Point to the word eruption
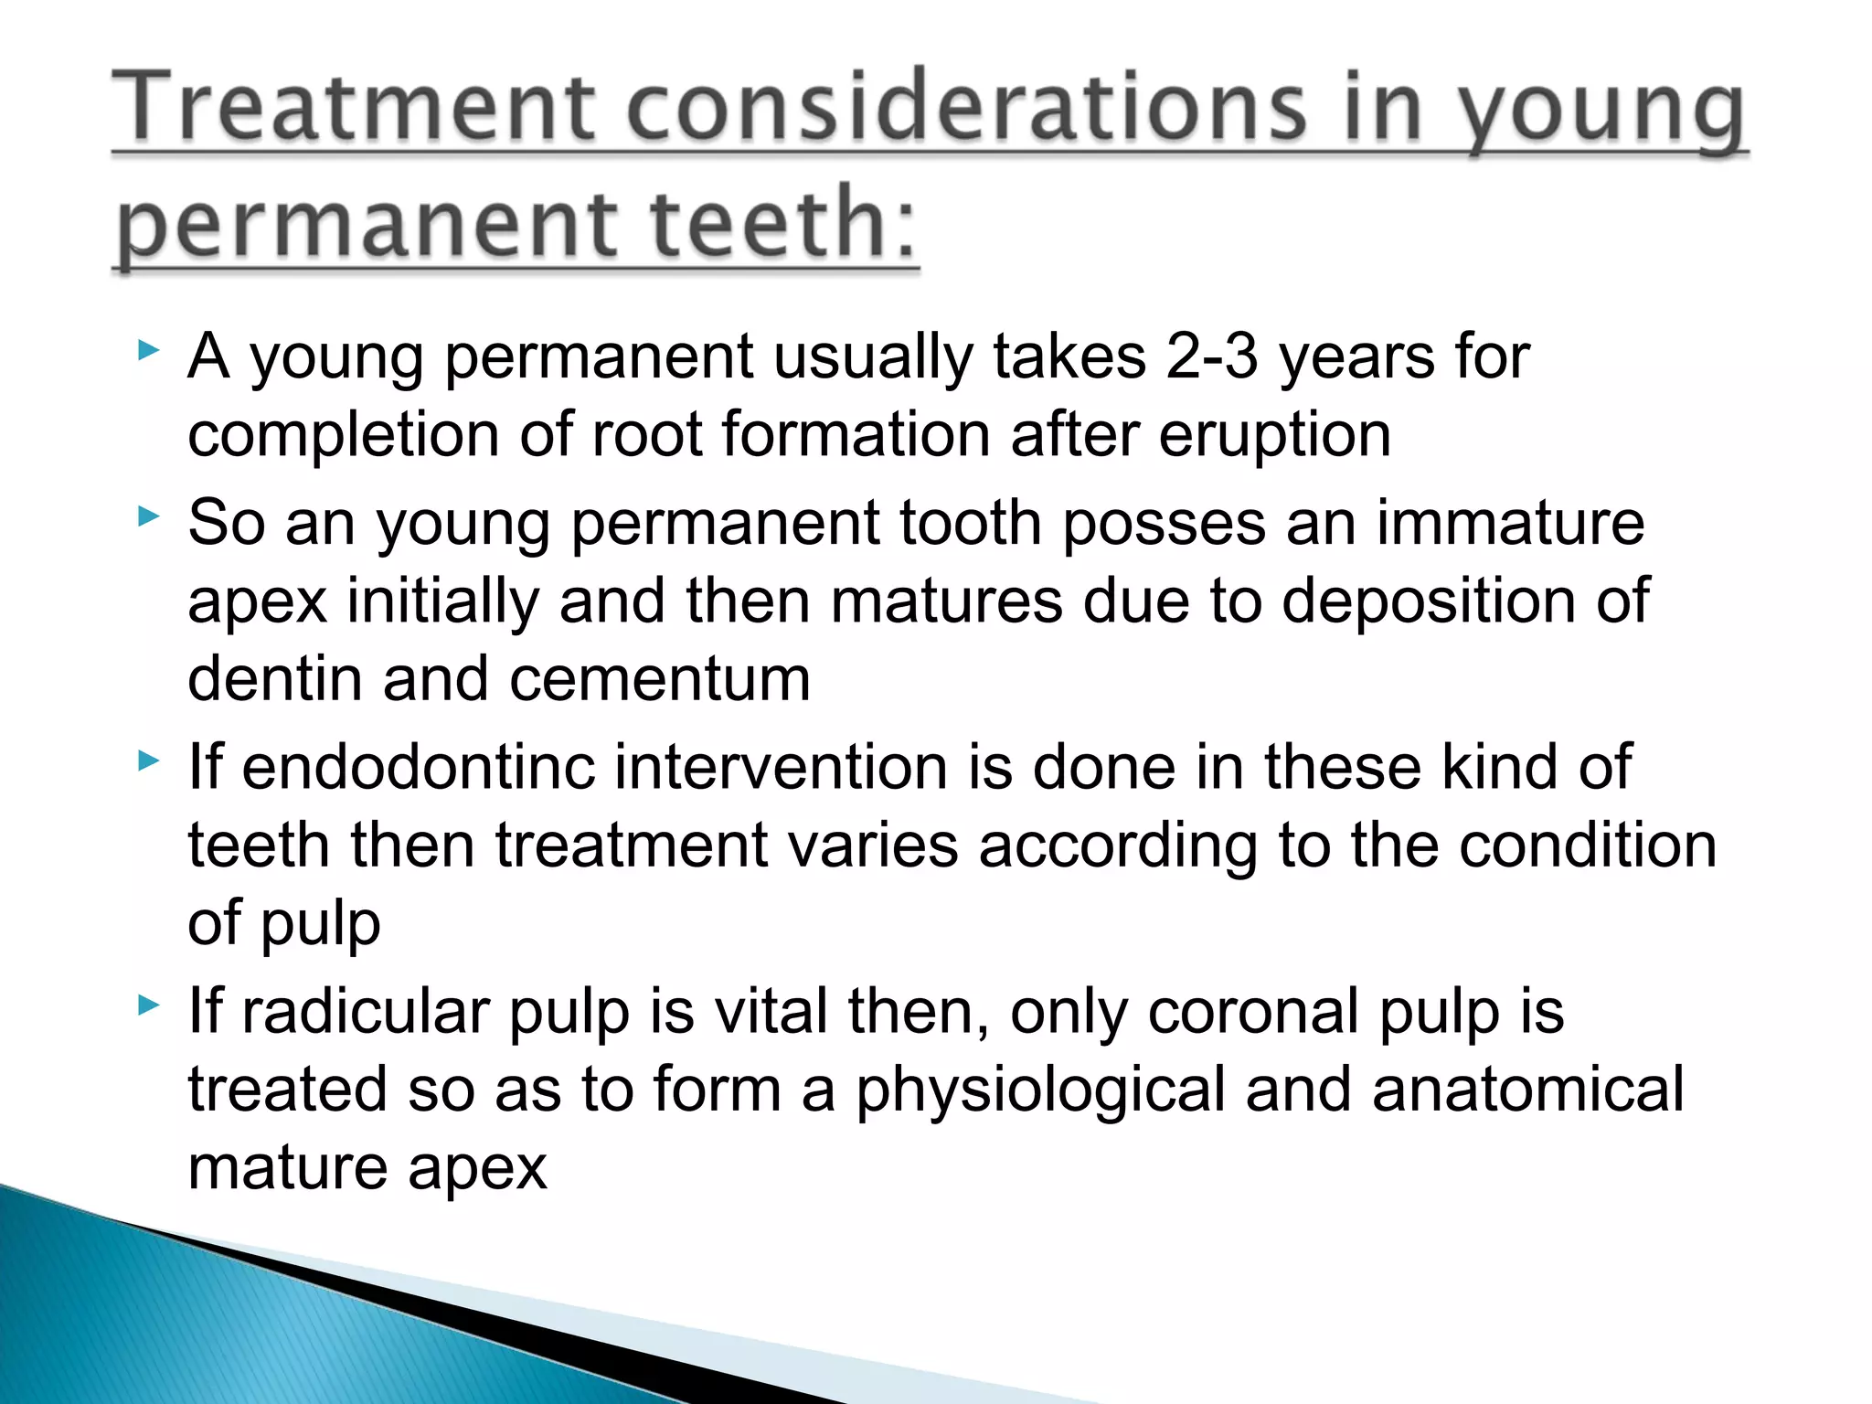pyautogui.click(x=1275, y=434)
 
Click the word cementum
pyautogui.click(x=659, y=679)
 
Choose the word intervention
pyautogui.click(x=781, y=767)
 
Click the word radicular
pyautogui.click(x=365, y=1013)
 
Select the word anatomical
pyautogui.click(x=1527, y=1090)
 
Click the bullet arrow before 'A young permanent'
pyautogui.click(x=148, y=350)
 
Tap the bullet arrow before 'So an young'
pyautogui.click(x=148, y=517)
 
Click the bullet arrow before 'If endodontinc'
pyautogui.click(x=148, y=760)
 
